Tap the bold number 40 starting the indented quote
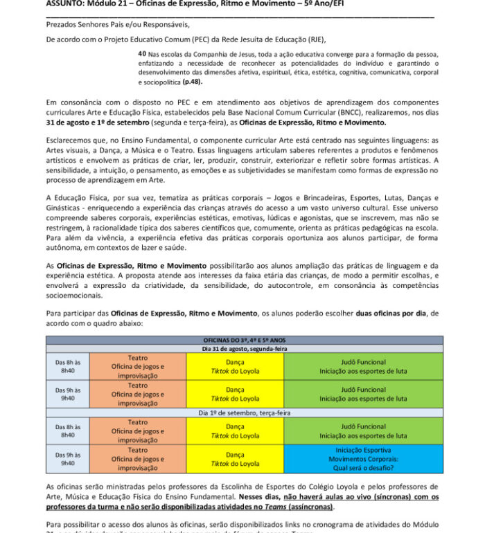tap(142, 53)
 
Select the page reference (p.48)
tap(194, 82)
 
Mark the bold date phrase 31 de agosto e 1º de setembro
tap(92, 122)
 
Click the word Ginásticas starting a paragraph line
tap(65, 208)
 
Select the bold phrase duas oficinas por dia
tap(391, 314)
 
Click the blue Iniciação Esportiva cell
tap(363, 459)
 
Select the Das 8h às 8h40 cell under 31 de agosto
tap(68, 366)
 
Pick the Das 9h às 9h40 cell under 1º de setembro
tap(68, 459)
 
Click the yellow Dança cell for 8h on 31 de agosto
tap(235, 366)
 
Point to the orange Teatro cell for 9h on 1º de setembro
tap(138, 459)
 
